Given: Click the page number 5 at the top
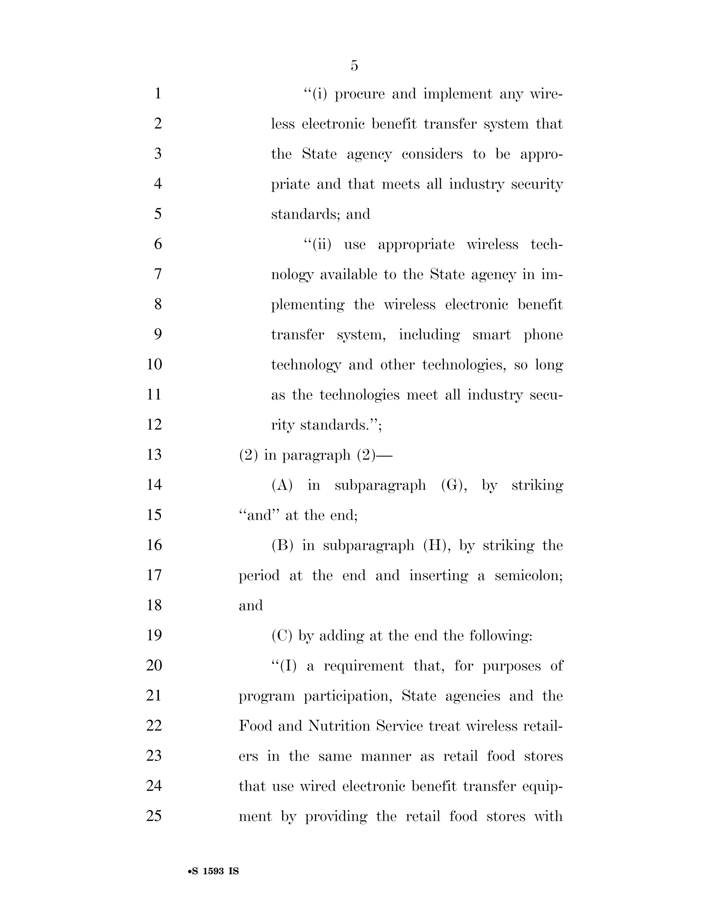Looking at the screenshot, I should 354,66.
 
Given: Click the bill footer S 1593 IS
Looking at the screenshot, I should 213,871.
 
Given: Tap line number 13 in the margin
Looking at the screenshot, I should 154,455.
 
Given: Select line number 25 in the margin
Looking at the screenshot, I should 154,816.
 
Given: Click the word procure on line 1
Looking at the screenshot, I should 360,94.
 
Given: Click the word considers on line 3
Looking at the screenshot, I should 432,154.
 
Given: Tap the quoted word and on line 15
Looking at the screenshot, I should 259,515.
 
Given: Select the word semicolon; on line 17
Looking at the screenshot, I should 528,575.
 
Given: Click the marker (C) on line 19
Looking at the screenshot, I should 282,636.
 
